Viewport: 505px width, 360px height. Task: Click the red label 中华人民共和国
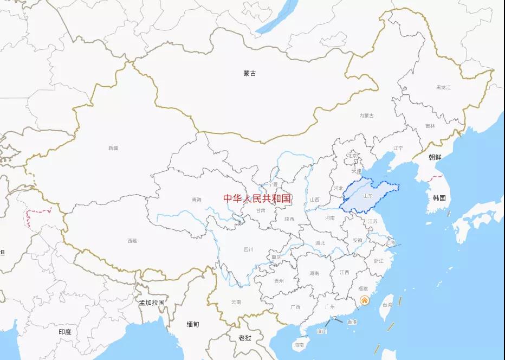click(257, 198)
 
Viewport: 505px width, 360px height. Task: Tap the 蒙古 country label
click(250, 73)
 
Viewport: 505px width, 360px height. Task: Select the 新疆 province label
click(113, 148)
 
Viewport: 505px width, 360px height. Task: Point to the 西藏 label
click(132, 241)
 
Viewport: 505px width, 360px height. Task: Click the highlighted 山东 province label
click(368, 196)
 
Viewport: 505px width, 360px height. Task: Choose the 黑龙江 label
click(443, 87)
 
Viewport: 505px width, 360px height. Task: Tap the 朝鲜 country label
click(435, 157)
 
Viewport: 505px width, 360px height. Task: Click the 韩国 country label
click(439, 198)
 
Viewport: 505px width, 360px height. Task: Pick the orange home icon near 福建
click(365, 300)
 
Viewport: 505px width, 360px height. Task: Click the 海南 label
click(299, 345)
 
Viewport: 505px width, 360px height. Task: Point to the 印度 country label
click(65, 331)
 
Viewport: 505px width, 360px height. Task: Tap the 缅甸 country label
click(193, 324)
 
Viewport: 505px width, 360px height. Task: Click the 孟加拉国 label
click(152, 303)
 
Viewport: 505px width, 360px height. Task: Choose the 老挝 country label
click(245, 338)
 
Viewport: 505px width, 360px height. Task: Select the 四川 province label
click(249, 250)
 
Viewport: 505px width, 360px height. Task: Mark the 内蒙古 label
click(367, 115)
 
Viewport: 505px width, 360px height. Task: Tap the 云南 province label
click(236, 302)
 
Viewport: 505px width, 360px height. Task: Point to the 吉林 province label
click(430, 126)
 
